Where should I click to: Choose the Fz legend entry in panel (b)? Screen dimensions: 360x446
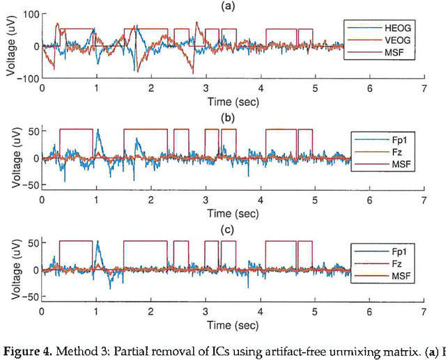point(384,150)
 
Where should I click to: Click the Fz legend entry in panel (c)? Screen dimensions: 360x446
point(384,262)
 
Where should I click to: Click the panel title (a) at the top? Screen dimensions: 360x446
point(233,6)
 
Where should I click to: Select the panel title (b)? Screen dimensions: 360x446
point(233,118)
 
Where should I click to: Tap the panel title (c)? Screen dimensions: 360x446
point(233,230)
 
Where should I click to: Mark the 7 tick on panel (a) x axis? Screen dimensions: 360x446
point(424,89)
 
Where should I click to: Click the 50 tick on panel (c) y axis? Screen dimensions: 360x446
point(32,242)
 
